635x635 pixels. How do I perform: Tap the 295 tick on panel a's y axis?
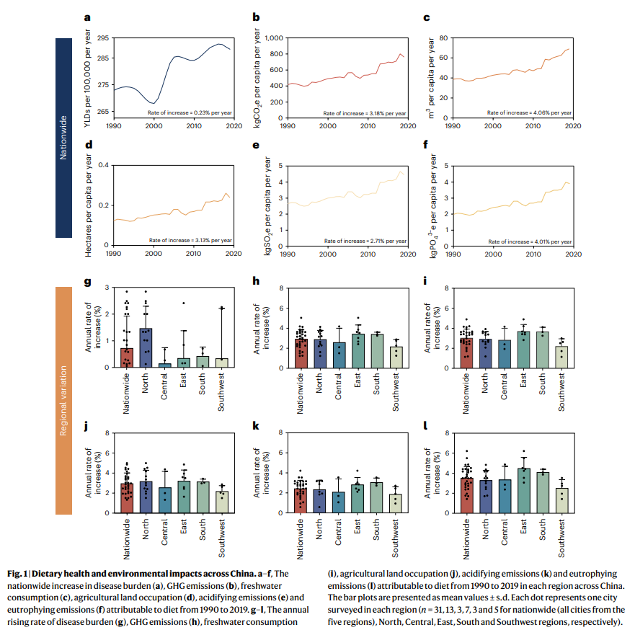tap(102, 37)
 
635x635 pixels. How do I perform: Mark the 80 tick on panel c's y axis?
tap(445, 37)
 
